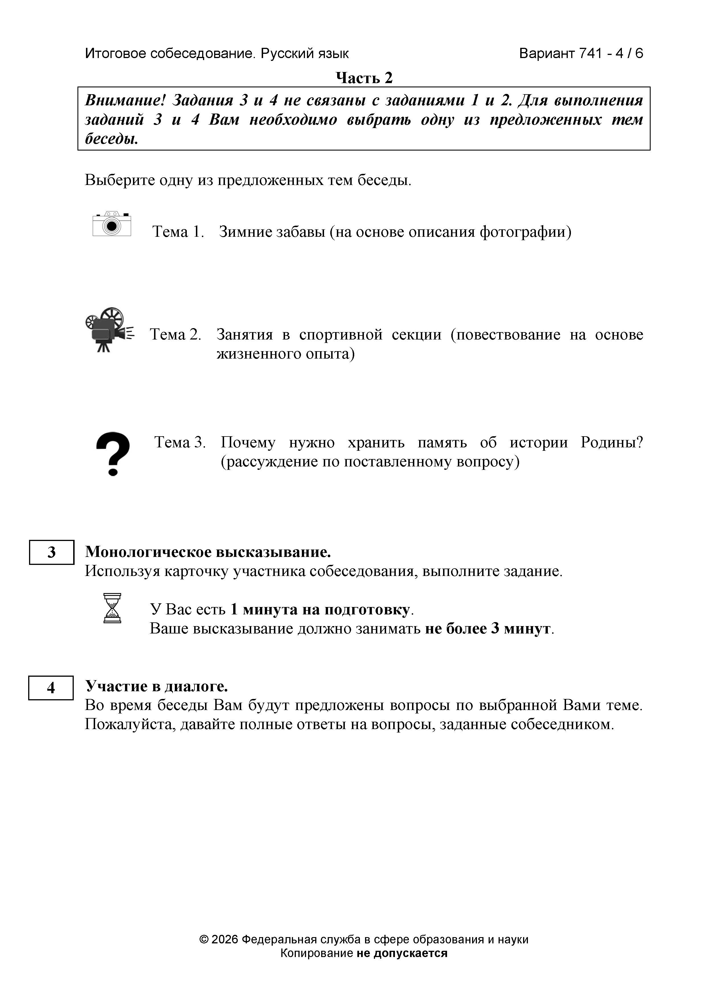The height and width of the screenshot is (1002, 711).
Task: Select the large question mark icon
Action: (x=113, y=454)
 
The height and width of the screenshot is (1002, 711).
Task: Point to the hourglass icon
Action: (x=112, y=608)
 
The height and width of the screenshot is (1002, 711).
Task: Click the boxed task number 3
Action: (x=52, y=552)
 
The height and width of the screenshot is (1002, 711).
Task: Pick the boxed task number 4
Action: (x=51, y=688)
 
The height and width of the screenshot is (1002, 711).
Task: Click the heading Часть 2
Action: (x=364, y=78)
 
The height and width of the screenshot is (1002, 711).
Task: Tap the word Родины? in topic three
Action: (x=612, y=442)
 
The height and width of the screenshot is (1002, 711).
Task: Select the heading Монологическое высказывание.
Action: (x=208, y=552)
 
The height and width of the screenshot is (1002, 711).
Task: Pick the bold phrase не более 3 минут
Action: (x=488, y=628)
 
